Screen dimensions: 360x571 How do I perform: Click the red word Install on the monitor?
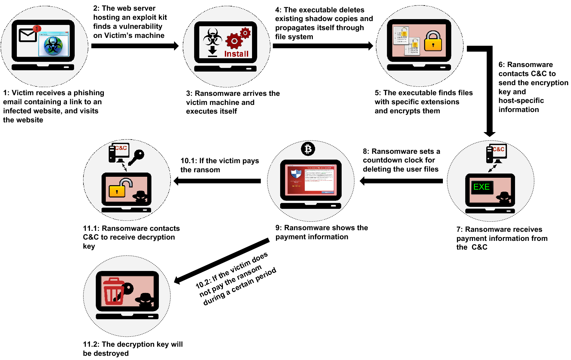click(x=236, y=54)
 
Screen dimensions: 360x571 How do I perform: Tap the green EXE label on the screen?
click(x=481, y=187)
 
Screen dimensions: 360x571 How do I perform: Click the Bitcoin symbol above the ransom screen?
click(x=308, y=149)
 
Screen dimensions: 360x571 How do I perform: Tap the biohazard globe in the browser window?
click(x=53, y=45)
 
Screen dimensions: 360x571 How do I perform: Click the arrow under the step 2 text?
click(x=134, y=46)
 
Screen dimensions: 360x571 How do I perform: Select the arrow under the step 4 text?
click(x=322, y=46)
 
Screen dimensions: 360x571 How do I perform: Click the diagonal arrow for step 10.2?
click(x=222, y=261)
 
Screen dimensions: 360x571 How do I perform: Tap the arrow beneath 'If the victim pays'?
click(x=217, y=181)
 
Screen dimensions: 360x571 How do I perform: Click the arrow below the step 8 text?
click(x=401, y=181)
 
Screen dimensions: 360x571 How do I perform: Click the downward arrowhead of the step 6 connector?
click(x=489, y=133)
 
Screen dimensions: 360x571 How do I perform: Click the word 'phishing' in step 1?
click(x=89, y=93)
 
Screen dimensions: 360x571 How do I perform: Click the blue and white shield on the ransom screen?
click(x=296, y=174)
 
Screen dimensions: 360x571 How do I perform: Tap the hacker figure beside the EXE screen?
click(x=504, y=197)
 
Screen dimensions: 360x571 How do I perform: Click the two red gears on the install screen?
click(x=238, y=39)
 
